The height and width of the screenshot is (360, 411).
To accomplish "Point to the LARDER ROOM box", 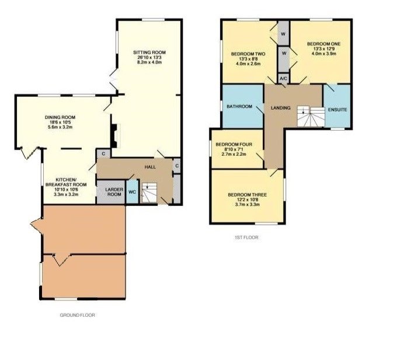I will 113,193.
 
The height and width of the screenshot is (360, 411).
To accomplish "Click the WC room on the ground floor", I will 133,192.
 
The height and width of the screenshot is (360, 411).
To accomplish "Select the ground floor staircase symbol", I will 151,192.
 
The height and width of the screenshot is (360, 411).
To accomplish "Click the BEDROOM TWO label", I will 248,54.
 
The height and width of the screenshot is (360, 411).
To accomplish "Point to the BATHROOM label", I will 239,107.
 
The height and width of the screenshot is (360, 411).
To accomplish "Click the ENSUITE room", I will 337,109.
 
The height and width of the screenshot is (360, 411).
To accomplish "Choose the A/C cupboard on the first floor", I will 283,78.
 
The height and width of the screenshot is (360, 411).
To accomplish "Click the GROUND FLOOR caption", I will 78,315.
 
